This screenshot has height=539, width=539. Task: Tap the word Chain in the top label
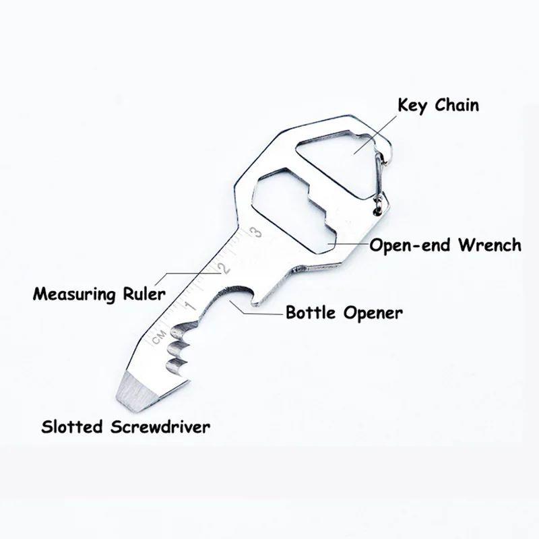click(458, 105)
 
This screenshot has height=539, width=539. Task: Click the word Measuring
click(73, 293)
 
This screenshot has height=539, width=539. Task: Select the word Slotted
click(71, 426)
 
